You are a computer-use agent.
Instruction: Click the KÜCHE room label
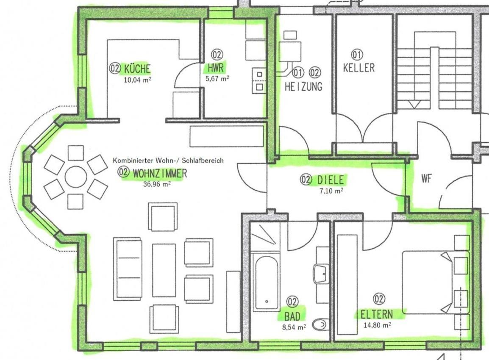(137, 68)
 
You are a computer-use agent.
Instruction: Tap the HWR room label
(216, 68)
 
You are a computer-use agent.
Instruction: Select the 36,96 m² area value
(157, 184)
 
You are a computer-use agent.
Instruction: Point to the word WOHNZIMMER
(160, 173)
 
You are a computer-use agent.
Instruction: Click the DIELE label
(331, 180)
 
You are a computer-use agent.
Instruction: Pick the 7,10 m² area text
(331, 191)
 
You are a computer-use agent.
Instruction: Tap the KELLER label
(358, 68)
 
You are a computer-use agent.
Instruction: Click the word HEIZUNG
(303, 86)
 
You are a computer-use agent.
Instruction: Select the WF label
(426, 178)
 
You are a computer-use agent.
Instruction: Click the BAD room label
(292, 316)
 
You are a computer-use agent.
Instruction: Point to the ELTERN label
(377, 314)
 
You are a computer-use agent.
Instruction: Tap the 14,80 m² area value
(378, 325)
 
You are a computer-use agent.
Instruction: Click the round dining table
(76, 177)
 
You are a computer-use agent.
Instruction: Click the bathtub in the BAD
(267, 282)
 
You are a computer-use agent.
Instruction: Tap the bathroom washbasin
(321, 274)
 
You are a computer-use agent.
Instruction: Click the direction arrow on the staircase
(414, 105)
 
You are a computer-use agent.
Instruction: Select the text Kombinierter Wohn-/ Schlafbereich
(168, 161)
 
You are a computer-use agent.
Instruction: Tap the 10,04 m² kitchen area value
(138, 80)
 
